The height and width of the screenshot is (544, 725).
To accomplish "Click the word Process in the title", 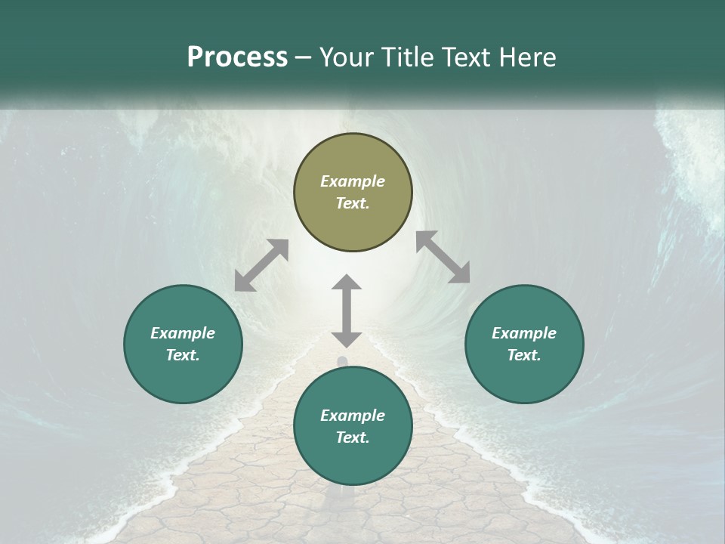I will click(x=237, y=57).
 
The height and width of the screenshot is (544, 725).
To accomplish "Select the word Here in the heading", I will click(x=528, y=57).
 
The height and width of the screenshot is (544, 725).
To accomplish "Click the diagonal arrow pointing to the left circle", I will click(x=261, y=265).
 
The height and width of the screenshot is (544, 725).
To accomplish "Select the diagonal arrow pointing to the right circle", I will click(x=443, y=257).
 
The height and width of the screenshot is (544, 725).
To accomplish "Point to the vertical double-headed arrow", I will click(x=347, y=310).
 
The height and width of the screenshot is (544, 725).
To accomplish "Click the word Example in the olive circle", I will click(x=353, y=181).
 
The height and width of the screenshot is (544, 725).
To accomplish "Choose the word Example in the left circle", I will click(x=183, y=333).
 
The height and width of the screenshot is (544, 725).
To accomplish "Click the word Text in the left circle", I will click(x=182, y=355).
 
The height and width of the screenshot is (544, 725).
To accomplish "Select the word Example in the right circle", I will click(x=524, y=333).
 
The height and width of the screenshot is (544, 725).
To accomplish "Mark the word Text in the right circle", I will click(x=523, y=355).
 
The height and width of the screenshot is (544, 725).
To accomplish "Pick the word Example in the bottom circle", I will click(x=353, y=416).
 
